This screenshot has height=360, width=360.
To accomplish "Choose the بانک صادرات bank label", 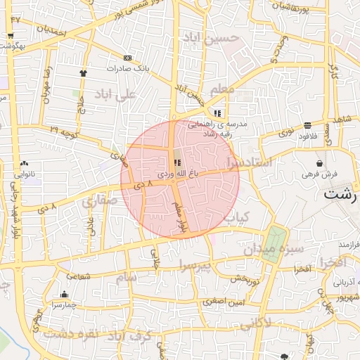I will coord(127,69).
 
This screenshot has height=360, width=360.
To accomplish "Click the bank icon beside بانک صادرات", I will coord(127,58).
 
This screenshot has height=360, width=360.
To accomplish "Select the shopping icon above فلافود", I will coord(308,125).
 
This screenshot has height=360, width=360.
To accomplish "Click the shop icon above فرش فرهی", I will coord(320,163).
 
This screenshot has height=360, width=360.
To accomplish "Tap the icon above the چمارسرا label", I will coord(64,295).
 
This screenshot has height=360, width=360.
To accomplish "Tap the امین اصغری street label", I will coord(224,301).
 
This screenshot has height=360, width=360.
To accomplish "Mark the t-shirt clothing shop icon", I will coord(83,72).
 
